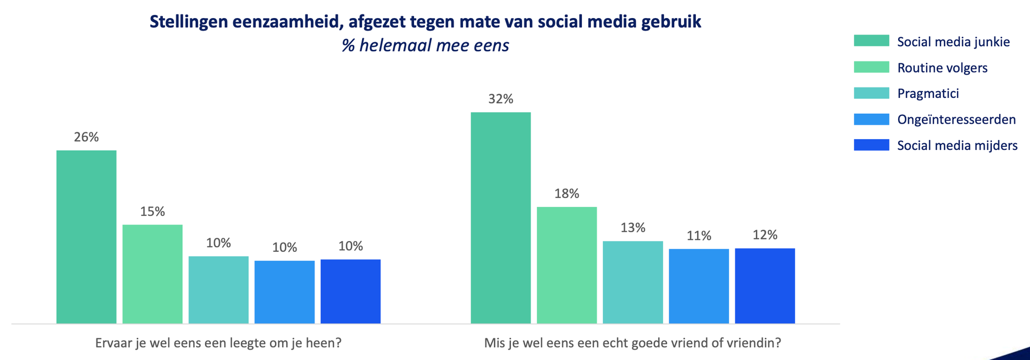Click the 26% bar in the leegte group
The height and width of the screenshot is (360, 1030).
[86, 237]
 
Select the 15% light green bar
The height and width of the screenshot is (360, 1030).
[152, 274]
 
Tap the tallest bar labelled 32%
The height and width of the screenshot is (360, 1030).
[501, 218]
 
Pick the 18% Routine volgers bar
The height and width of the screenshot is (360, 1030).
[566, 265]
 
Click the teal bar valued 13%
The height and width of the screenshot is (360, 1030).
[633, 282]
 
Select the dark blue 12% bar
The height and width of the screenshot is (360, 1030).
[765, 286]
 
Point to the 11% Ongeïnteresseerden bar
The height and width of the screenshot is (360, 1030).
[699, 286]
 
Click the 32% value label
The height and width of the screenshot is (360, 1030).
[501, 99]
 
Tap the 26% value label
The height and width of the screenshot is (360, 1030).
[86, 137]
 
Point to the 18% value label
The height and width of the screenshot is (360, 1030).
[566, 194]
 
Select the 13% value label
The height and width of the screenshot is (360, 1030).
[633, 228]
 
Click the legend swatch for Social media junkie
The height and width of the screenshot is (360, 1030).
[871, 41]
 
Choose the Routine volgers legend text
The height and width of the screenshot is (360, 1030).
[942, 68]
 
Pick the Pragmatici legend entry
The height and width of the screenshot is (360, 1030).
[928, 94]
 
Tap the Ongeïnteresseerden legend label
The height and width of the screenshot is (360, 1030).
[956, 119]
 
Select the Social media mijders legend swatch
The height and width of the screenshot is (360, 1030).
[871, 145]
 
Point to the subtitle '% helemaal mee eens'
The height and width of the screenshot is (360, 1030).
[425, 45]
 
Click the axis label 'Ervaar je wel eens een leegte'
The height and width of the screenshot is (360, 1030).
[218, 343]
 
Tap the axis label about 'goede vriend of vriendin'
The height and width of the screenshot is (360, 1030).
[632, 343]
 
